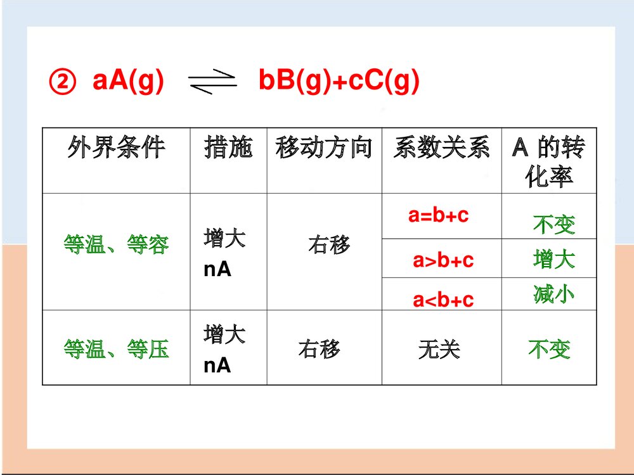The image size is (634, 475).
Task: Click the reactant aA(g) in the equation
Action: click(128, 82)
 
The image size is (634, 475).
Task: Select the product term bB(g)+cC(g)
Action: click(339, 82)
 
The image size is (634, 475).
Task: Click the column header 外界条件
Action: click(116, 148)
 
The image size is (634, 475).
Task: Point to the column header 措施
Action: click(228, 148)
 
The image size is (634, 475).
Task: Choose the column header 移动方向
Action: click(323, 148)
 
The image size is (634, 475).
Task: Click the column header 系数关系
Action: click(441, 148)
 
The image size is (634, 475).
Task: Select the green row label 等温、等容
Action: click(116, 244)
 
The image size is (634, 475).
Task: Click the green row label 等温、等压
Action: click(116, 349)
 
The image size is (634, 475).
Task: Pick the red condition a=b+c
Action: click(439, 215)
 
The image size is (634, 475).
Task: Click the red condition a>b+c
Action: click(443, 260)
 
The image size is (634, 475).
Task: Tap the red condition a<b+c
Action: click(443, 300)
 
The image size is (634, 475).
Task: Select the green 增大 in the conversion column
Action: click(553, 259)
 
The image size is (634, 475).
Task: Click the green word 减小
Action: click(553, 294)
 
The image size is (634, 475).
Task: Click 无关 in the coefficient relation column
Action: click(439, 349)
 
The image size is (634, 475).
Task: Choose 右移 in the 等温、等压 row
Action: click(319, 349)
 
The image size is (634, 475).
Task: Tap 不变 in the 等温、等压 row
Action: click(549, 349)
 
